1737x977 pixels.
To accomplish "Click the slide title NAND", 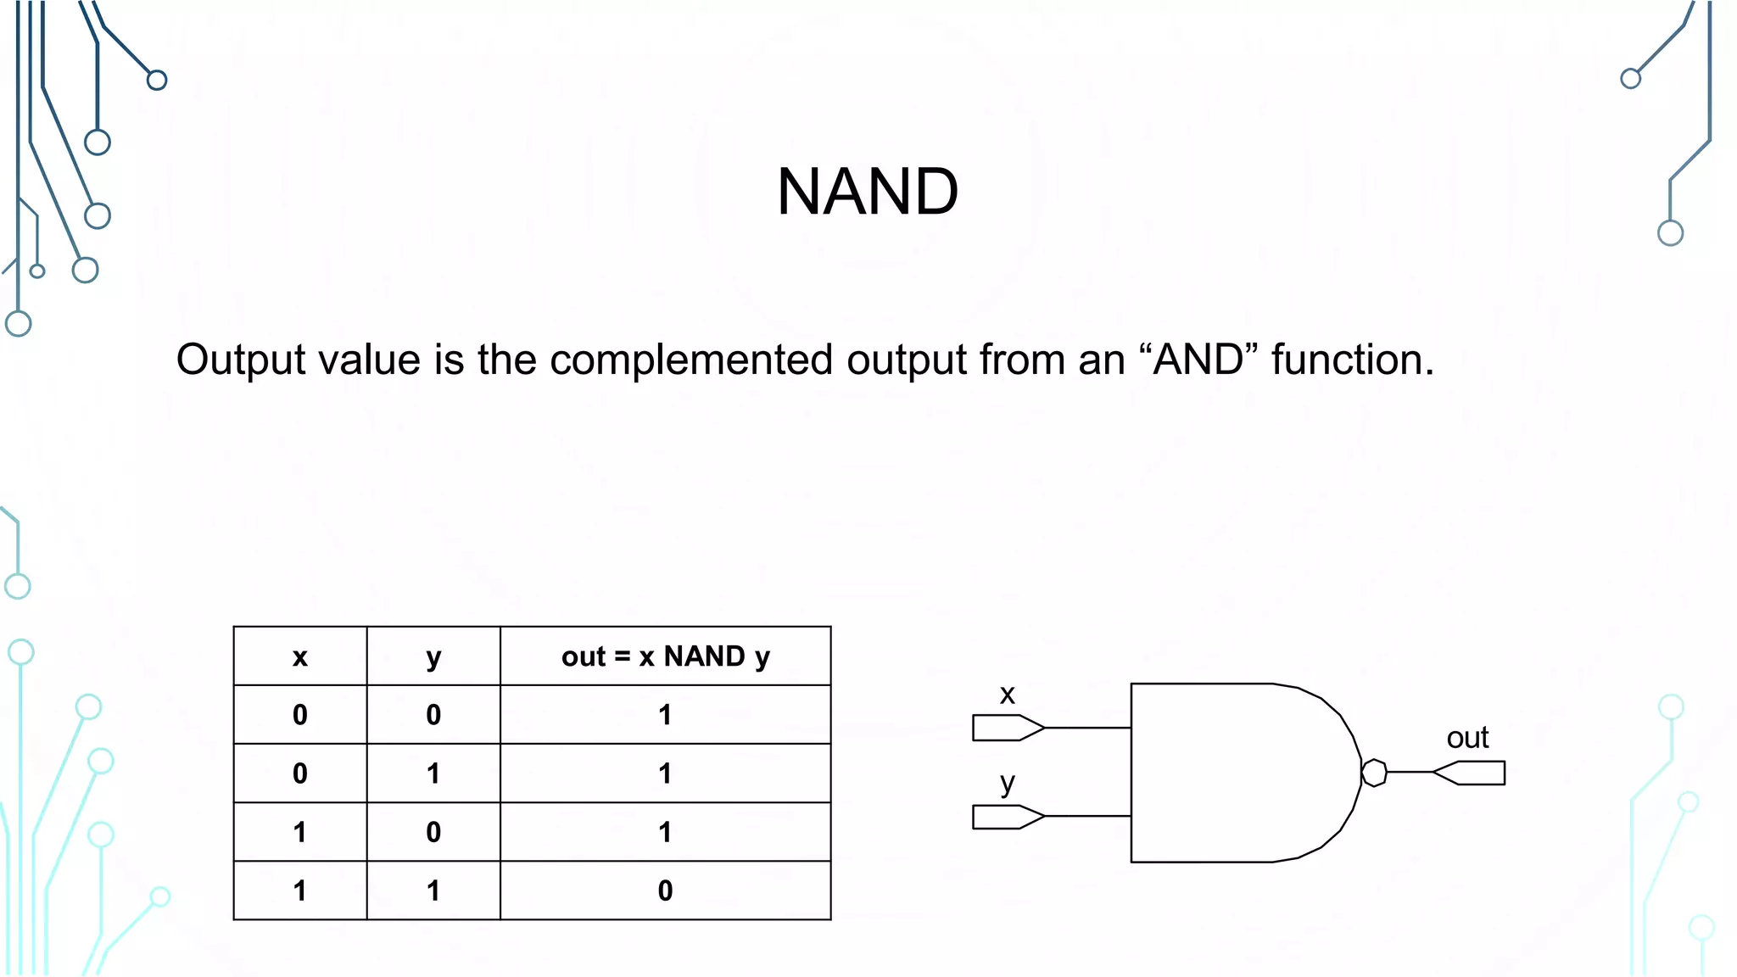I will click(x=867, y=192).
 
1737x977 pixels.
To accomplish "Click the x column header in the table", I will click(x=300, y=656).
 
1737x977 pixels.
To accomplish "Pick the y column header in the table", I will click(x=433, y=656).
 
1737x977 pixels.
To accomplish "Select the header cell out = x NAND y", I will click(x=665, y=656).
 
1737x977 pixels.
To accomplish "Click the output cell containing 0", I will click(x=665, y=890).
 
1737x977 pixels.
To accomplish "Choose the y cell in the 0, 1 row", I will click(x=433, y=773).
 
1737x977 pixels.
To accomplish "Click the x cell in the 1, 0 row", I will click(x=300, y=832).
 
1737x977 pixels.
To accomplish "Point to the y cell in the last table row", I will click(x=433, y=890).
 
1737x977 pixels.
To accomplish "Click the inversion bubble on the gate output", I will click(x=1374, y=773).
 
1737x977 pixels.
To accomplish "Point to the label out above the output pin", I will click(x=1467, y=738).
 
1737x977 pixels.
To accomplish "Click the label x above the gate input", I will click(x=1007, y=695).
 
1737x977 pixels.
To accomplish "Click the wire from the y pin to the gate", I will click(x=1088, y=816).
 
